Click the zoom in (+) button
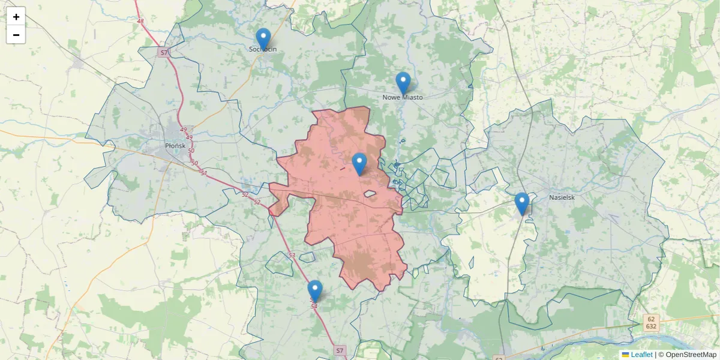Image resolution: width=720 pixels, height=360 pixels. pyautogui.click(x=16, y=17)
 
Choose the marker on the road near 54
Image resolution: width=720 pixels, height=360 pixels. pyautogui.click(x=315, y=291)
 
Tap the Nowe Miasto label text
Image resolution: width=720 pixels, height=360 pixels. pyautogui.click(x=403, y=97)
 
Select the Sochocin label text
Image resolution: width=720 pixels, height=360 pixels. pyautogui.click(x=263, y=49)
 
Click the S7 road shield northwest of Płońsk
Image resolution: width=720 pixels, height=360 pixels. pyautogui.click(x=164, y=53)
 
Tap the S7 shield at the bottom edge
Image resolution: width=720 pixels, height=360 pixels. pyautogui.click(x=340, y=350)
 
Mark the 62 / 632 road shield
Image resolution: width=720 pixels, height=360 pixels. pyautogui.click(x=652, y=322)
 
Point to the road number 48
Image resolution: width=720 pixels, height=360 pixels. pyautogui.click(x=140, y=22)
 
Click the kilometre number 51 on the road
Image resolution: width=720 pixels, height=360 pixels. pyautogui.click(x=203, y=173)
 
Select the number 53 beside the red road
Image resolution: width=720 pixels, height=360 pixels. pyautogui.click(x=292, y=256)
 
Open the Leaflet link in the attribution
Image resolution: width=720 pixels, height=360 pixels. pyautogui.click(x=641, y=355)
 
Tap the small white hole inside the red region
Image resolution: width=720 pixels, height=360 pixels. pyautogui.click(x=369, y=194)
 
